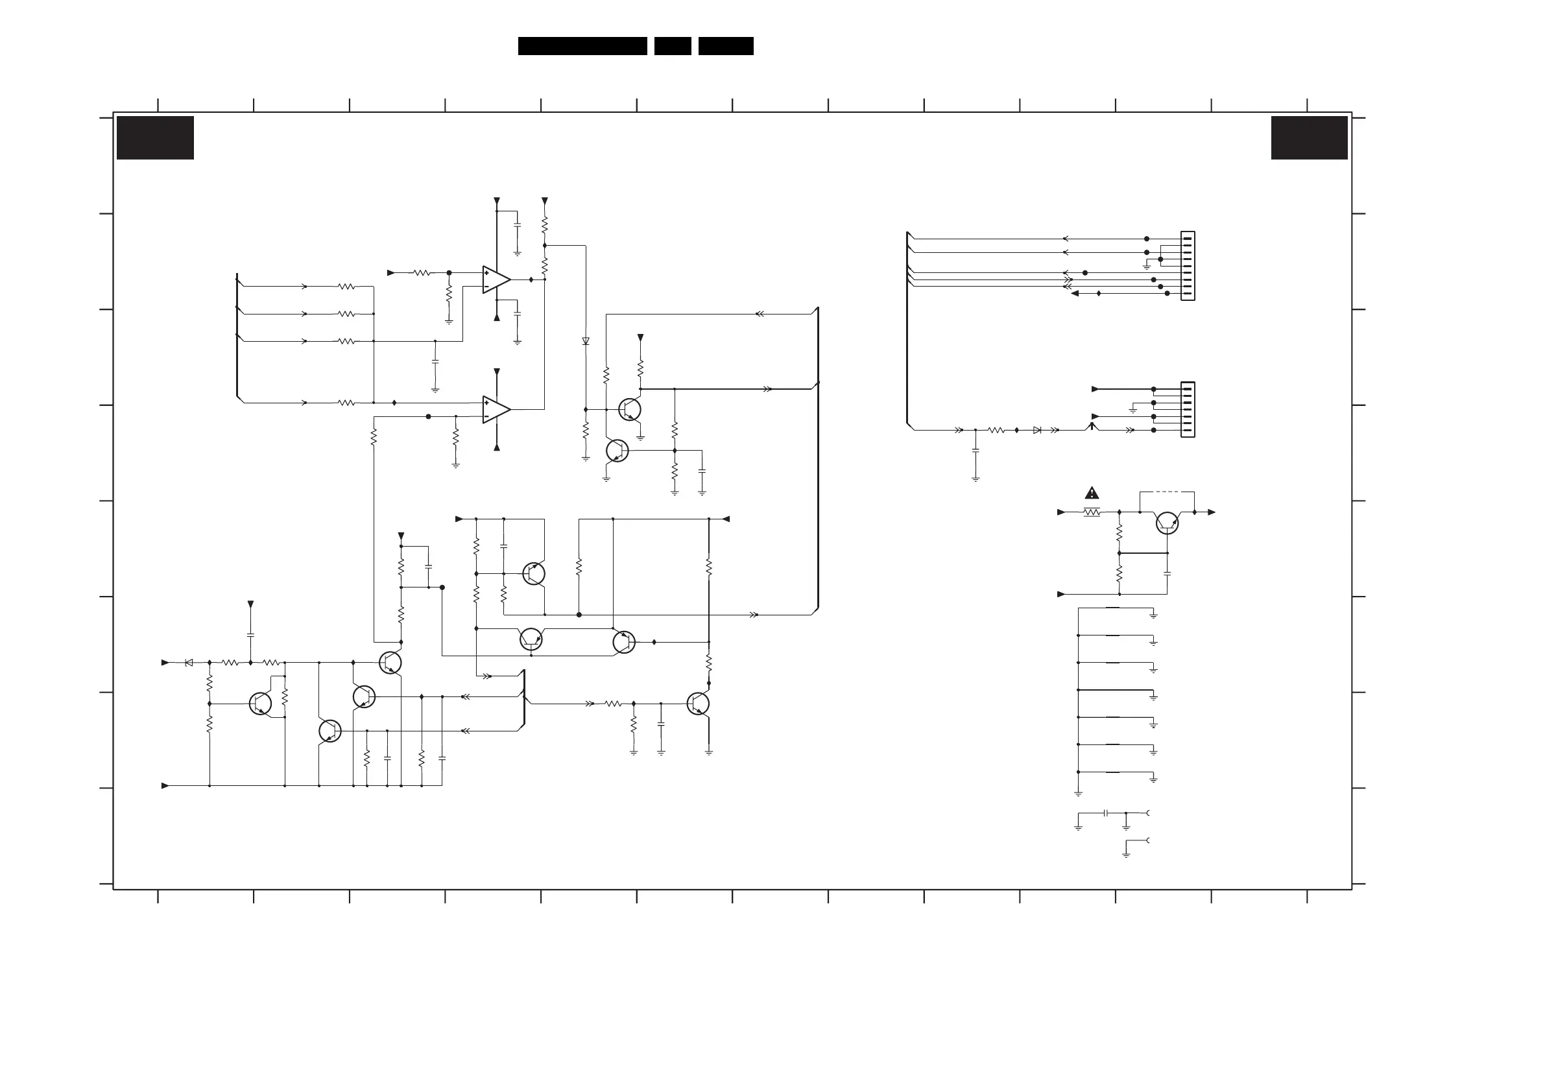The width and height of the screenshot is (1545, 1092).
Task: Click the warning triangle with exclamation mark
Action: point(1092,493)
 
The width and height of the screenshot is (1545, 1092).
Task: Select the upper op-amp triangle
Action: point(496,280)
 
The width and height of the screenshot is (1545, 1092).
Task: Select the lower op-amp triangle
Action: point(496,409)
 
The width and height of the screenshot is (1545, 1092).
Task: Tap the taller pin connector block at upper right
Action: point(1188,266)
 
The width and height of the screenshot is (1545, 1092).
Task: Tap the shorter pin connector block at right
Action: point(1188,410)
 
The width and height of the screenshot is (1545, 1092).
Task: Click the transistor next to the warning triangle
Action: point(1167,523)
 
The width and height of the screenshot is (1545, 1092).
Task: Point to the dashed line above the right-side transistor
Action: point(1167,492)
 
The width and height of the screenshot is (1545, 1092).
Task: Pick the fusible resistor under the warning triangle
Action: point(1092,513)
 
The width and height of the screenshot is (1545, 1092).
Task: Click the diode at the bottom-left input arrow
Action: point(189,663)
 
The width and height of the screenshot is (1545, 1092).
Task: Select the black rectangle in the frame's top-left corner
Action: point(156,138)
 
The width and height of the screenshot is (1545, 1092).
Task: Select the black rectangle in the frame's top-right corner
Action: point(1309,138)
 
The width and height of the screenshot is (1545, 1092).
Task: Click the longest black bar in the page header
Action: point(582,46)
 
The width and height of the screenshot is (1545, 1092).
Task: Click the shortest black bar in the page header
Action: point(672,46)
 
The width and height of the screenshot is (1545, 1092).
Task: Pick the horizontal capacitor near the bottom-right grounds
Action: point(1106,813)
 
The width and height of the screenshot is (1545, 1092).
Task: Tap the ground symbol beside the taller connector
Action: point(1147,267)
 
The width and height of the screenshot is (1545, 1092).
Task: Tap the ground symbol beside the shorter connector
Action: point(1132,410)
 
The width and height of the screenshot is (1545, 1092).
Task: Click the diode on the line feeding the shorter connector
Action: point(1037,430)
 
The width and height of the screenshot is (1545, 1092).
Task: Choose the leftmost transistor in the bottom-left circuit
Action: point(259,704)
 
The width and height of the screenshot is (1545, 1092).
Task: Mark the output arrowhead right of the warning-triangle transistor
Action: point(1211,513)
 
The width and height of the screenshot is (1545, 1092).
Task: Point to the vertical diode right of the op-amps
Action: point(586,342)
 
